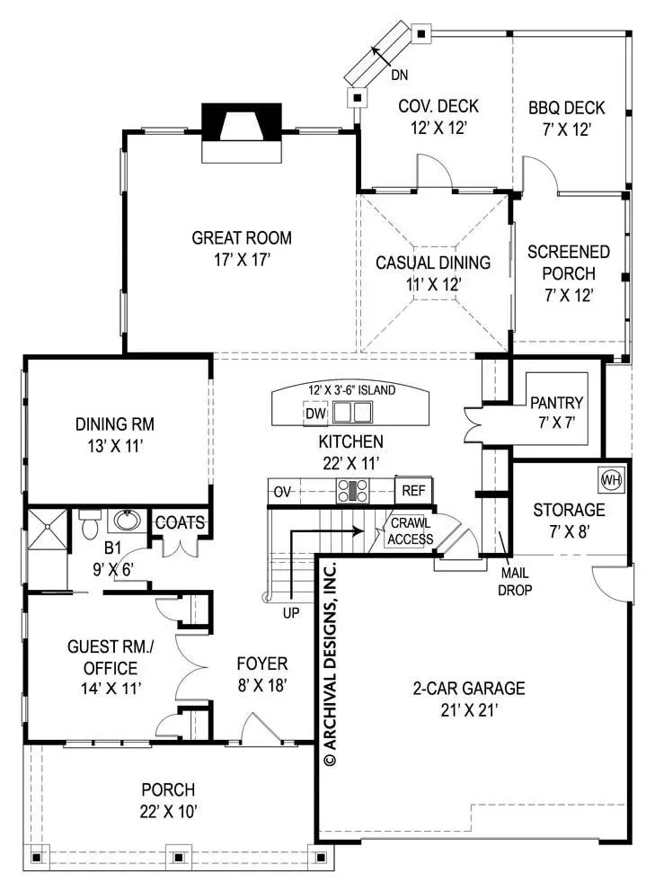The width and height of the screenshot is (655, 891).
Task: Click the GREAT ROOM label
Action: (242, 237)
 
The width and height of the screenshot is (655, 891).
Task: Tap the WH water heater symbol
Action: (611, 480)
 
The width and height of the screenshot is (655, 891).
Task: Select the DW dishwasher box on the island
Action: (316, 413)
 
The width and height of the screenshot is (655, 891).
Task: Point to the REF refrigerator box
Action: (413, 490)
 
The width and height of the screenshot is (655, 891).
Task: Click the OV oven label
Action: (282, 492)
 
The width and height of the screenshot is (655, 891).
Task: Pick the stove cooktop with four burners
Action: (353, 490)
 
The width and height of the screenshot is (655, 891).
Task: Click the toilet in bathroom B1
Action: (90, 524)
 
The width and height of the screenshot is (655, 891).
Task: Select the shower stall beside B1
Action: (47, 530)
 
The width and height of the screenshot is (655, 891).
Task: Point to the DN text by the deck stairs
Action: (399, 75)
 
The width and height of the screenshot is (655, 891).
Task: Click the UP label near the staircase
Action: (291, 612)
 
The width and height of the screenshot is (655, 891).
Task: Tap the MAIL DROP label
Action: (515, 582)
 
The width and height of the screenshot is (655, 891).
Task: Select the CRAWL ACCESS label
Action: (411, 531)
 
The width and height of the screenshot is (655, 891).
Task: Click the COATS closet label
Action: (180, 522)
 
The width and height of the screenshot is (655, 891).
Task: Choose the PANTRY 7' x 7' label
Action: (557, 413)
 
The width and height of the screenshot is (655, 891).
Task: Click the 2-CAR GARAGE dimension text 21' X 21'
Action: (469, 710)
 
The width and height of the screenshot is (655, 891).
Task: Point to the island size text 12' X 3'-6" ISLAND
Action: (351, 390)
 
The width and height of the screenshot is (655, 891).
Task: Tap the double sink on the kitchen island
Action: (352, 413)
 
